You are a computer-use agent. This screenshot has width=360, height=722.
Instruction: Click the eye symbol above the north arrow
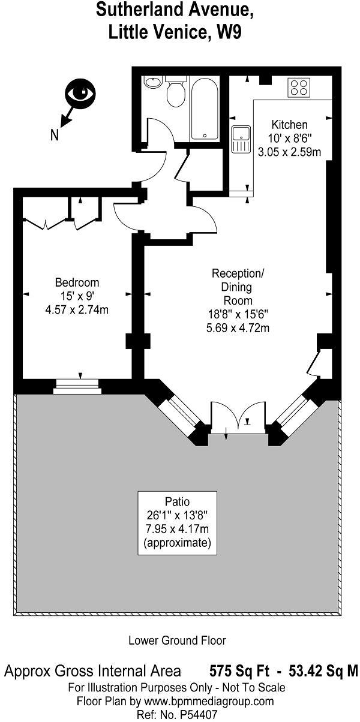(81, 94)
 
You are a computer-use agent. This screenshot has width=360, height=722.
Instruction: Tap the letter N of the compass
(55, 136)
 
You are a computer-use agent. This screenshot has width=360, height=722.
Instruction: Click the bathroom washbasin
(152, 82)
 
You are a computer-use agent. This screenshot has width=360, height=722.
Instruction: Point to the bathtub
(205, 108)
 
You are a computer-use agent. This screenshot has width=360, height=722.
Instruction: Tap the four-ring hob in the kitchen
(299, 88)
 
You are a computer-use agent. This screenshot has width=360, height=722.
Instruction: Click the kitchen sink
(241, 140)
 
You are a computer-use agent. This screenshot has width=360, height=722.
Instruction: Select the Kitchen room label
(289, 125)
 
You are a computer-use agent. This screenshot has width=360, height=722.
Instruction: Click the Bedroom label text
(77, 282)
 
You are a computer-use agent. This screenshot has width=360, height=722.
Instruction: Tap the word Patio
(177, 501)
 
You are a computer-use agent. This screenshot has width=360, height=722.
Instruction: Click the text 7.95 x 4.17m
(177, 530)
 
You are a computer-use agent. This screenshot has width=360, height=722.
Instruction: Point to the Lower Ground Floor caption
(177, 640)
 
